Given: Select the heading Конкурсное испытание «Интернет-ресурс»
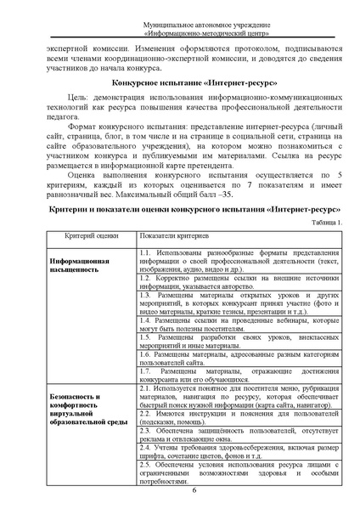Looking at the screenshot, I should (x=179, y=105).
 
